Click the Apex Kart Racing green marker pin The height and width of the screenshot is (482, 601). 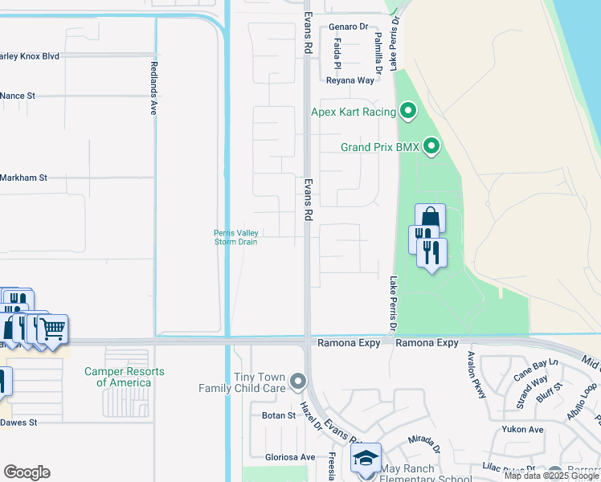tap(407, 111)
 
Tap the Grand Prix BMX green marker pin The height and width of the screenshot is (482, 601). tap(431, 146)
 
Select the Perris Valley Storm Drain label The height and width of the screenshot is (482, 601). tap(236, 237)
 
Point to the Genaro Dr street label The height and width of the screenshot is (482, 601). tap(348, 27)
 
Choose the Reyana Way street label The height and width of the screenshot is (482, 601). tap(350, 80)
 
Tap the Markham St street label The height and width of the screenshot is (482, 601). tap(24, 178)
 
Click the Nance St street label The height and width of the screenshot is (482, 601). tap(18, 96)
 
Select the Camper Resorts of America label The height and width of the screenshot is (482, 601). tap(125, 377)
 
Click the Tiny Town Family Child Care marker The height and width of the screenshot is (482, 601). tap(298, 380)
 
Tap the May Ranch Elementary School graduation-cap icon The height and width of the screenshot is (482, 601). tap(365, 458)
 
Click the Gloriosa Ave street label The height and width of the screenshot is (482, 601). tap(290, 457)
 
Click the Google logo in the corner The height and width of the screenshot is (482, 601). tap(27, 472)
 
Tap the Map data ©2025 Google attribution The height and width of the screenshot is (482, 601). tap(551, 476)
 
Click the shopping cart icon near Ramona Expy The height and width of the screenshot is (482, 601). tap(53, 328)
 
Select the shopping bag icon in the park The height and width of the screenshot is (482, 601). tap(430, 217)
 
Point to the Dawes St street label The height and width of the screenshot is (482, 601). tap(18, 422)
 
